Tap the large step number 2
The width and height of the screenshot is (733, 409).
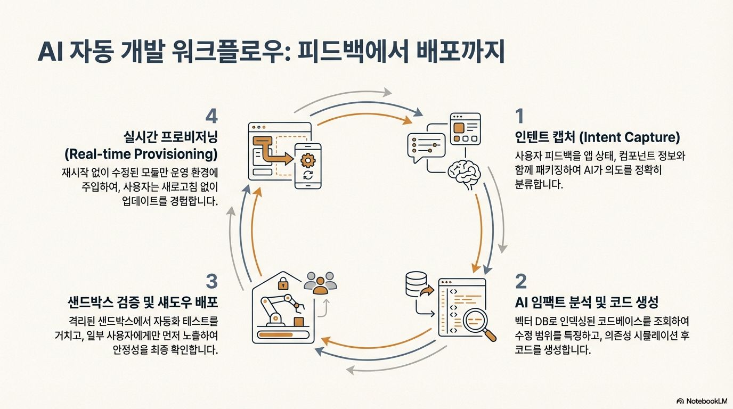(x=520, y=281)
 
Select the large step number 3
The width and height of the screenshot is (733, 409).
(x=211, y=281)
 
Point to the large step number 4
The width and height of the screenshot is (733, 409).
(x=211, y=116)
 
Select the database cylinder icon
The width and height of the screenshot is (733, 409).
(x=416, y=284)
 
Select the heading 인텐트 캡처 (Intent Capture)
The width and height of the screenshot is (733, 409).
(x=597, y=137)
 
